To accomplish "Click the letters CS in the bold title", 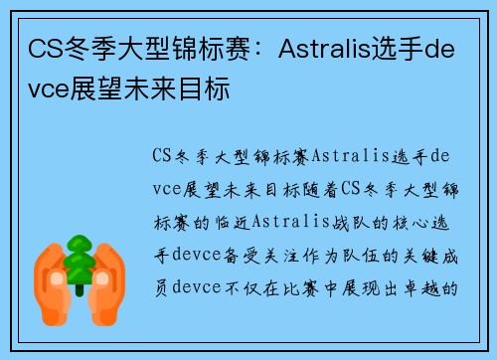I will click(44, 48).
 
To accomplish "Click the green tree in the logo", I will click(78, 260).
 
